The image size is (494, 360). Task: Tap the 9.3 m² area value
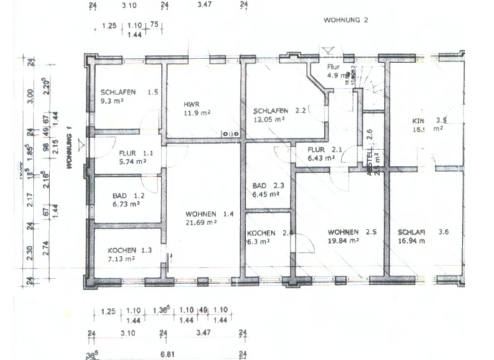point(113,101)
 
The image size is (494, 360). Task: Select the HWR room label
point(190,104)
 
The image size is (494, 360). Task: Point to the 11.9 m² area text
point(197,113)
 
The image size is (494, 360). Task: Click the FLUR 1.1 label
point(136,153)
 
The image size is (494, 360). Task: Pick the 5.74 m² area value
point(133,162)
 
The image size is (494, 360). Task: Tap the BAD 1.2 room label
point(127,195)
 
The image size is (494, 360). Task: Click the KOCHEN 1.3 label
point(129,250)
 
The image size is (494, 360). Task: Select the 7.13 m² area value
point(121,259)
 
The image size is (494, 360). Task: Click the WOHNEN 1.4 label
point(210,213)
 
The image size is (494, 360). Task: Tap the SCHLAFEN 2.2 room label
point(280,110)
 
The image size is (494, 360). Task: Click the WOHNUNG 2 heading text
point(345,21)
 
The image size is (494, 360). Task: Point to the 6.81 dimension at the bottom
point(167,354)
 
